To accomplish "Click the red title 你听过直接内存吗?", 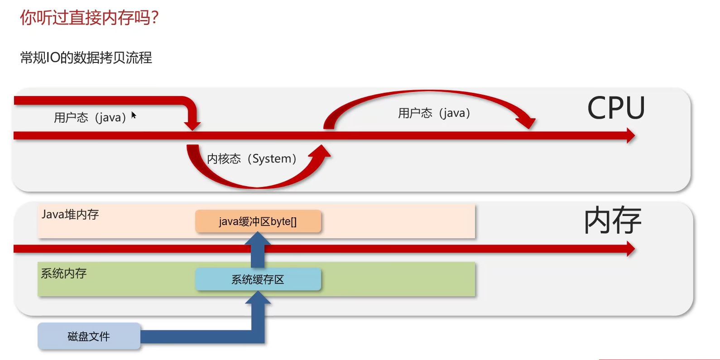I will pos(89,18).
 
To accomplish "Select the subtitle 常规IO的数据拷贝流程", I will pos(86,58).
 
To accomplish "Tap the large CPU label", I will pos(616,108).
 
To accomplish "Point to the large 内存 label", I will pos(612,221).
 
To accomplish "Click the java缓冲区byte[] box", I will pos(258,221).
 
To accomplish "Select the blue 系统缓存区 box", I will pos(258,279).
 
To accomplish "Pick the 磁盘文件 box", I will pos(89,336).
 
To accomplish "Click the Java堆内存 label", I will pos(70,214).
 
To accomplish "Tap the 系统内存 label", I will pos(64,273).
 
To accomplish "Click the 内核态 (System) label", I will pos(252,159).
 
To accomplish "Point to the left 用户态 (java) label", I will pos(90,118).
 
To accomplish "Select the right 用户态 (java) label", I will pos(434,113).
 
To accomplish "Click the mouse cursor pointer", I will pos(134,115).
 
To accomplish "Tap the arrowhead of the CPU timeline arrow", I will pos(630,135).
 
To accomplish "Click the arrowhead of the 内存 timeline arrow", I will pos(630,249).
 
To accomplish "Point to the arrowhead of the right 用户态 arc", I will pos(527,122).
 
